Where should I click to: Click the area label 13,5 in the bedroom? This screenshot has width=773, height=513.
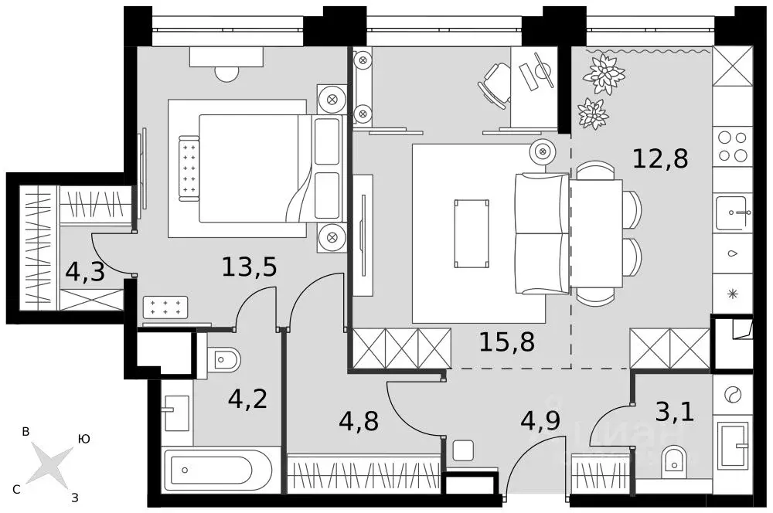click(249, 267)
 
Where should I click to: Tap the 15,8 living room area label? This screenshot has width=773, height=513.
click(507, 340)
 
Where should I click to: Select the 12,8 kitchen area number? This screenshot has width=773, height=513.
click(659, 158)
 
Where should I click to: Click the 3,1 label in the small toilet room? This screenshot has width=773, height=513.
click(674, 411)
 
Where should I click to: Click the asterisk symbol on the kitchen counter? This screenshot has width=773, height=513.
click(732, 293)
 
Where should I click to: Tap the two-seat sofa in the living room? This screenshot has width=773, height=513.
click(543, 233)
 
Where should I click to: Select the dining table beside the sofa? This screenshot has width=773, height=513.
click(597, 233)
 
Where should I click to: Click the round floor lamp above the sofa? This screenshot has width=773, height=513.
click(543, 151)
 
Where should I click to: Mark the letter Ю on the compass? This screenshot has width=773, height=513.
click(84, 438)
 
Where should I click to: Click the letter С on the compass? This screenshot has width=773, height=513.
click(16, 488)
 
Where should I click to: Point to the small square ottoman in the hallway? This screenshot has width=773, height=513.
click(464, 450)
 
